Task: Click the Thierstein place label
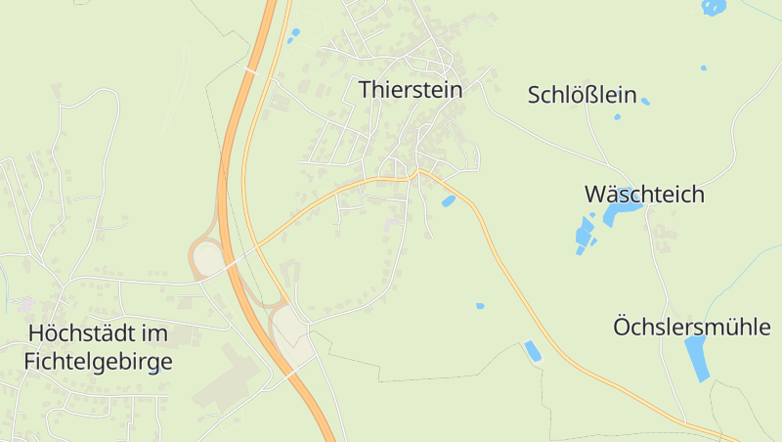coord(410,89)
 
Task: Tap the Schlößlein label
coord(582,95)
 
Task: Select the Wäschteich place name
coord(644,194)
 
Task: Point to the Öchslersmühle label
coord(691,327)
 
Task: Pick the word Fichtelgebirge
coord(97,362)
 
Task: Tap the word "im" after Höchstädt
coord(153,333)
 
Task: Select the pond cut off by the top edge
coord(714,7)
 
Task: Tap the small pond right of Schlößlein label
coord(645,101)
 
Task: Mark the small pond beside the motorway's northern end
coord(293,34)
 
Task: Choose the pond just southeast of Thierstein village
coord(448,200)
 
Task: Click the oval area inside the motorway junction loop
coord(208,259)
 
